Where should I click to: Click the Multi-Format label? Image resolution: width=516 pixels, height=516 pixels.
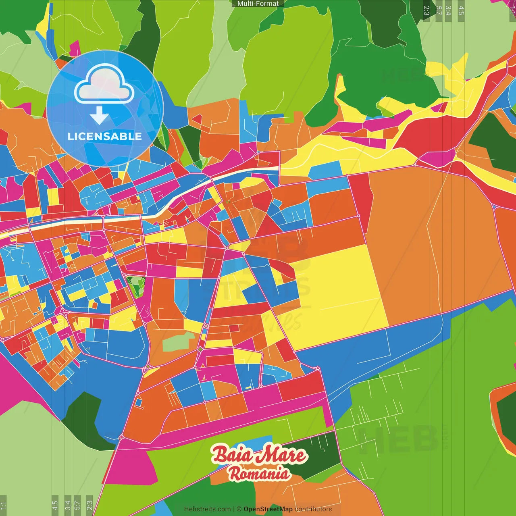coord(258,4)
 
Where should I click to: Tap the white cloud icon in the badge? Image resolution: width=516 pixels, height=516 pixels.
coord(104,85)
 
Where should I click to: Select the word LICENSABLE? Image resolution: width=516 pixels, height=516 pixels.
coord(105,136)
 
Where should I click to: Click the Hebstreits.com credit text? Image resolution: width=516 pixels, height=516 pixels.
coord(207,509)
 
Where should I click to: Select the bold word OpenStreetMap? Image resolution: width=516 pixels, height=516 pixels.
coord(268,509)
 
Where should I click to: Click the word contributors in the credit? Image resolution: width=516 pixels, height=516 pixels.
coord(313,509)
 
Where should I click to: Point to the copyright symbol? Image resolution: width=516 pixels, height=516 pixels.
coord(239,509)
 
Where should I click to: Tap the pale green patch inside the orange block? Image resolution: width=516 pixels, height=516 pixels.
coord(176,343)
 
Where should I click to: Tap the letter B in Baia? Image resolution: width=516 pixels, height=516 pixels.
coord(220,455)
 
